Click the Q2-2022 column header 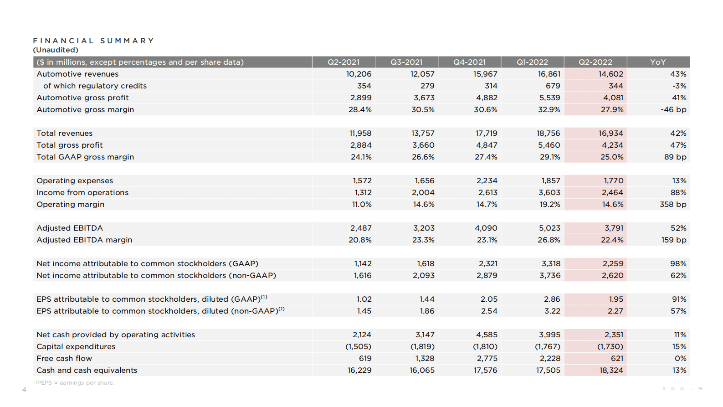point(595,62)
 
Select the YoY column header point(658,62)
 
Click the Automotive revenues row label point(77,74)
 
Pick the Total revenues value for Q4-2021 point(486,133)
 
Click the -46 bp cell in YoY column point(673,109)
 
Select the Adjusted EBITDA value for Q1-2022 point(549,228)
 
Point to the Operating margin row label point(71,204)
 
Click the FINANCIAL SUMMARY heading point(93,41)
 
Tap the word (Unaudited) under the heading point(56,50)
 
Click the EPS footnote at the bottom point(75,383)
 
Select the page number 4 point(24,390)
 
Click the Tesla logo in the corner point(682,389)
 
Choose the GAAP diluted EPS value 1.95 point(615,299)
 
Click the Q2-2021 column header point(344,62)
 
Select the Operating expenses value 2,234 point(487,180)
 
